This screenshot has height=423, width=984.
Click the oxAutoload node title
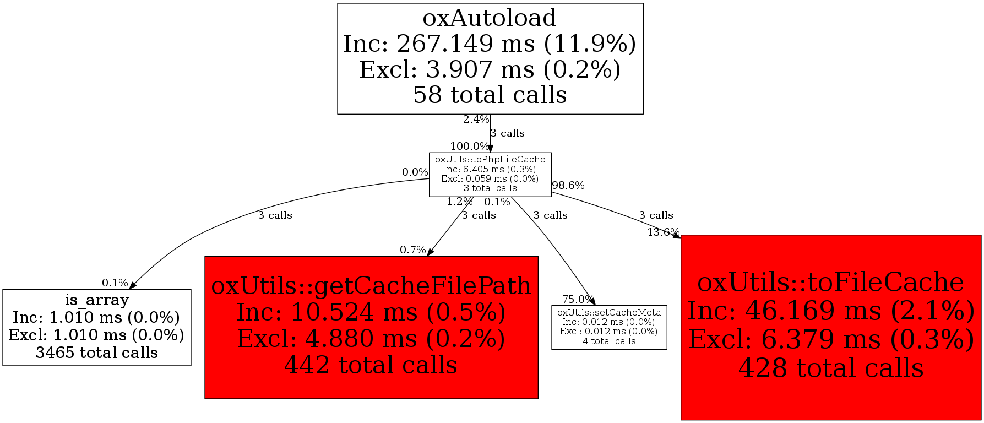point(490,18)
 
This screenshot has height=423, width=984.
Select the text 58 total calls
point(490,95)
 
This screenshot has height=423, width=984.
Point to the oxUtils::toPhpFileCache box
point(490,174)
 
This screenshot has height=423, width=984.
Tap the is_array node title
point(96,300)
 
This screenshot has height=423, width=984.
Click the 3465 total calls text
point(96,352)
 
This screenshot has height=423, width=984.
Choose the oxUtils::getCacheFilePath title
point(371,286)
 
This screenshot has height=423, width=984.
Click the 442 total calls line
point(371,365)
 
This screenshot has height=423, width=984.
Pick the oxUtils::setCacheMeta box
point(609,327)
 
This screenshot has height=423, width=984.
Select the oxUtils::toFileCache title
point(830,282)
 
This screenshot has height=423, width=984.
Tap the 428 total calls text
point(830,368)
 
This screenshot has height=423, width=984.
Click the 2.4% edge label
point(476,120)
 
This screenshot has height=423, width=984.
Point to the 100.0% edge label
point(469,147)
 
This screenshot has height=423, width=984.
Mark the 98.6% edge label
point(568,186)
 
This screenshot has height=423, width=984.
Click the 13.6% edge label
point(662,232)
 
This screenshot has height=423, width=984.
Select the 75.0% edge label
point(577,300)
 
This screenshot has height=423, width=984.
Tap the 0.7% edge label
point(412,250)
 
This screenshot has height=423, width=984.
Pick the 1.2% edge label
point(459,202)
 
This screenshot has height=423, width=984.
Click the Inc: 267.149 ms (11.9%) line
point(490,44)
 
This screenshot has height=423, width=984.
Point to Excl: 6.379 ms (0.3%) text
point(830,339)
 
